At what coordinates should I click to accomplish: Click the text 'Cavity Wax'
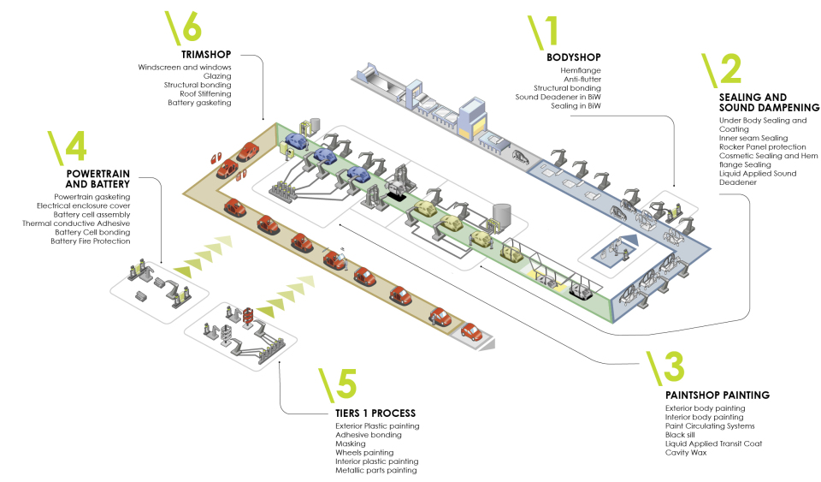(x=686, y=452)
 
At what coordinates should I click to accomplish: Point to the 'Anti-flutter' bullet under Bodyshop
(x=582, y=79)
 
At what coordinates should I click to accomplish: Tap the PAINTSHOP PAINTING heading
(x=718, y=396)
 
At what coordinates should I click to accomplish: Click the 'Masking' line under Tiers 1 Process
(x=351, y=443)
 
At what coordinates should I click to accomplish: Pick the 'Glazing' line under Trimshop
(x=216, y=76)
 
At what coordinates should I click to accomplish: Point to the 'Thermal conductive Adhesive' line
(x=76, y=223)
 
